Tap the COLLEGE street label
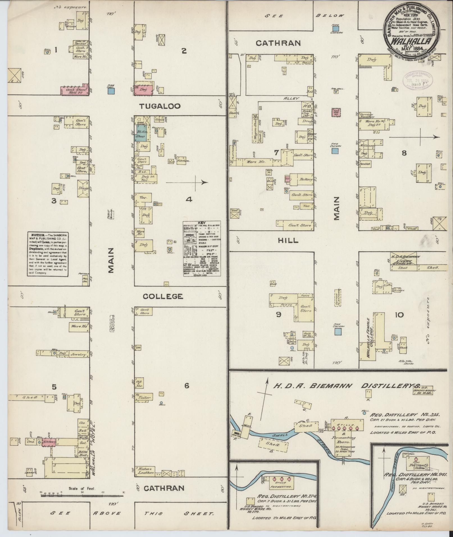pos(163,296)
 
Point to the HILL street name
pos(288,241)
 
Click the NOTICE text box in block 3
pos(48,254)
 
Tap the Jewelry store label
pos(78,355)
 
